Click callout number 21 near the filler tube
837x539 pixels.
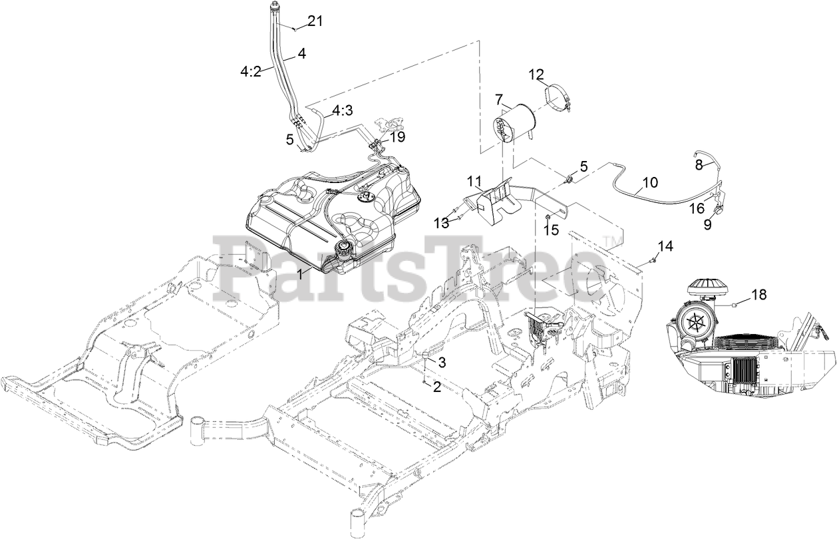(x=315, y=21)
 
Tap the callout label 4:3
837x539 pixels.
(x=343, y=110)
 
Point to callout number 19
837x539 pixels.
(x=398, y=136)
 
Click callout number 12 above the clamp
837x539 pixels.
(x=536, y=74)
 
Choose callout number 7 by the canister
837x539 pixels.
(x=498, y=99)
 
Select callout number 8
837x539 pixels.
(x=699, y=162)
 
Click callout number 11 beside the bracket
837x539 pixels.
(x=474, y=180)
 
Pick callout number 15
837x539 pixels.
(x=551, y=230)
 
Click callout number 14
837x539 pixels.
(x=665, y=246)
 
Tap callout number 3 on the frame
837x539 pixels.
(x=441, y=361)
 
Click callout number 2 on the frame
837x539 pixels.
(x=436, y=387)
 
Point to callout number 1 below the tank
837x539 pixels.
(x=303, y=273)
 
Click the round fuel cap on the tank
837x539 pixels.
(x=345, y=252)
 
